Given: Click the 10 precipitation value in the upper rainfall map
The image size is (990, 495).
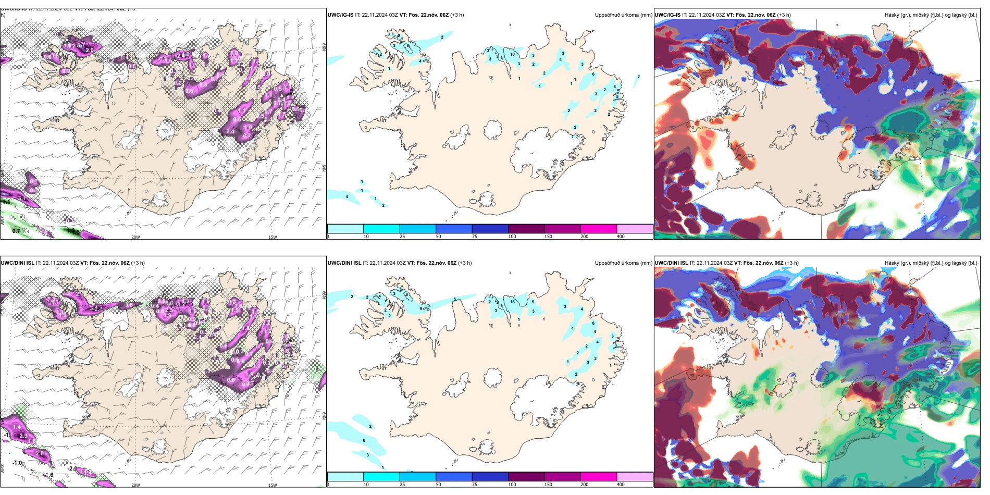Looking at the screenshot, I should [x=513, y=54].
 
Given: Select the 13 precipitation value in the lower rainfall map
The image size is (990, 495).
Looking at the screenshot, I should [x=513, y=302].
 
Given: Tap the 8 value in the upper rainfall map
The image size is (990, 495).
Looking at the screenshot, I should [x=407, y=46].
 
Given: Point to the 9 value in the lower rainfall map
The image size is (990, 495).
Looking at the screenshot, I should [x=420, y=308].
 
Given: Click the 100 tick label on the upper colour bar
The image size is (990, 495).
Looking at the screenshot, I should [x=512, y=237].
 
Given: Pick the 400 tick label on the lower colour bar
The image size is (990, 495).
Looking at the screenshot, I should [x=621, y=485].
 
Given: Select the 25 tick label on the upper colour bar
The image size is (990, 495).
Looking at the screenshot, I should [x=402, y=237].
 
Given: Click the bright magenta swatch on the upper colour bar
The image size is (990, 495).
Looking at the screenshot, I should [x=599, y=229].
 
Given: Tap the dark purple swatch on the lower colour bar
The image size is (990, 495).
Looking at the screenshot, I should [x=526, y=477].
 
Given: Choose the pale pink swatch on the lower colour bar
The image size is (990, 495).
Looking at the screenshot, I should [x=635, y=477].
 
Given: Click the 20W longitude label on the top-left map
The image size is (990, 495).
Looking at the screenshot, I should [x=135, y=237].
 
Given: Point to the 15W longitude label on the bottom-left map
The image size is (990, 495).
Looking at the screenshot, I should [x=273, y=485].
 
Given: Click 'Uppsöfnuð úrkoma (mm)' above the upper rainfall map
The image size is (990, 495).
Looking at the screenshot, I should [x=623, y=15].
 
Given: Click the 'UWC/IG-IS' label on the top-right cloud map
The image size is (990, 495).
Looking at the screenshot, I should [x=667, y=15].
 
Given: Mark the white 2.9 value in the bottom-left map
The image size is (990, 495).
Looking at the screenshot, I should [x=23, y=436].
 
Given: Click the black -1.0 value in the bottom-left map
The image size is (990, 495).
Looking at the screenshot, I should [x=17, y=463].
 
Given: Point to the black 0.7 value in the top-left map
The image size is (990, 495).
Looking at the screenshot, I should [x=16, y=231].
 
